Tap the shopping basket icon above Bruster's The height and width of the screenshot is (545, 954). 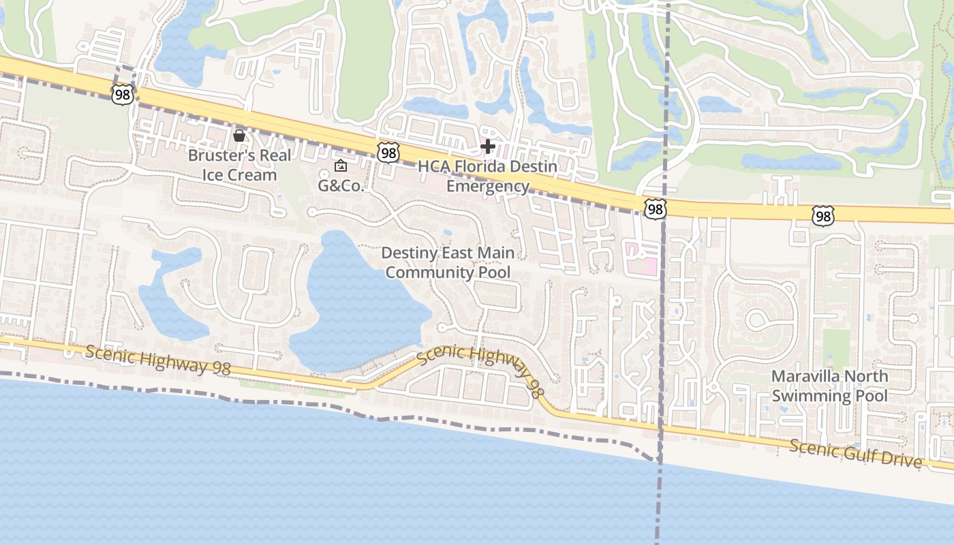pyautogui.click(x=239, y=136)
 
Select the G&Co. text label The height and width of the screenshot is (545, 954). pyautogui.click(x=341, y=185)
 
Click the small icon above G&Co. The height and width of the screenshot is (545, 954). pyautogui.click(x=341, y=166)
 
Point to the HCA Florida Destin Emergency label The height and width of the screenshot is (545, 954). pyautogui.click(x=487, y=176)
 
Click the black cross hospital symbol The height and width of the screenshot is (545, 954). pyautogui.click(x=488, y=146)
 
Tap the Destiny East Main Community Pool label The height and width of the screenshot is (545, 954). pyautogui.click(x=447, y=262)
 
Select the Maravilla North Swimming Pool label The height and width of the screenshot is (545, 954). pyautogui.click(x=829, y=386)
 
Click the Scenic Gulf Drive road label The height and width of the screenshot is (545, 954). pyautogui.click(x=856, y=453)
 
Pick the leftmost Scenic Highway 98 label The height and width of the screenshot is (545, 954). pyautogui.click(x=158, y=358)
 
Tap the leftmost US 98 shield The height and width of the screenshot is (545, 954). pyautogui.click(x=123, y=95)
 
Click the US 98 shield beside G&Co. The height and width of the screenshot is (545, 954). pyautogui.click(x=388, y=153)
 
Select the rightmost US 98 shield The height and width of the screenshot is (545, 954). pyautogui.click(x=823, y=217)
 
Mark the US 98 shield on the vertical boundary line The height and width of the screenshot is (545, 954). pyautogui.click(x=654, y=208)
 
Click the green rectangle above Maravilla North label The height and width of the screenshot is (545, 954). pyautogui.click(x=835, y=347)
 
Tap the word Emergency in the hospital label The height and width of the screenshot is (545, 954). pyautogui.click(x=487, y=186)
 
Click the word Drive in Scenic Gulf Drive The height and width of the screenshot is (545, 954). pyautogui.click(x=903, y=461)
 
